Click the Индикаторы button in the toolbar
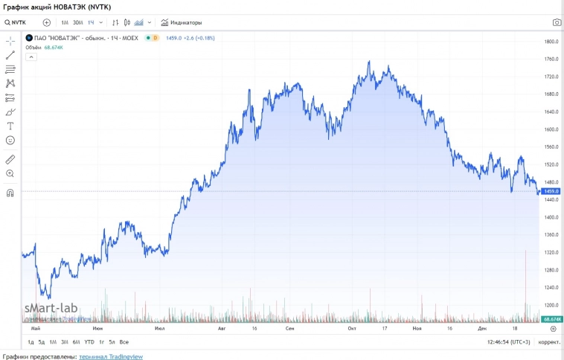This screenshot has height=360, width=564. [x=182, y=22]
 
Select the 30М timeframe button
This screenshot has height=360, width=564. [x=77, y=22]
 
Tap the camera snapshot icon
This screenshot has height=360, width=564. [x=557, y=22]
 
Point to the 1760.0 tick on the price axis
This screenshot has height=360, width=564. [x=551, y=59]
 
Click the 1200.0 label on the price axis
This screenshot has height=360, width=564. [x=551, y=305]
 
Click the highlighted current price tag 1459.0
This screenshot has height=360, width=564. [x=551, y=191]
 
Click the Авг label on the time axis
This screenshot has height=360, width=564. [x=221, y=328]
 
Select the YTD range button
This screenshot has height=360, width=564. [x=89, y=342]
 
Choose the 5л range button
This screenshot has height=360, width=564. [x=112, y=342]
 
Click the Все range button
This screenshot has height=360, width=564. [x=124, y=342]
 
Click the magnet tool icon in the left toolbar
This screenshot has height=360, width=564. [x=10, y=193]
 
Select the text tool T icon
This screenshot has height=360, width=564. [x=10, y=126]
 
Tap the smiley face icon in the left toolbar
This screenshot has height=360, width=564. [x=10, y=140]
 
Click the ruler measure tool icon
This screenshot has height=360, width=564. [x=10, y=159]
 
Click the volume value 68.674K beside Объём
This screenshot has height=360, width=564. [x=54, y=47]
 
